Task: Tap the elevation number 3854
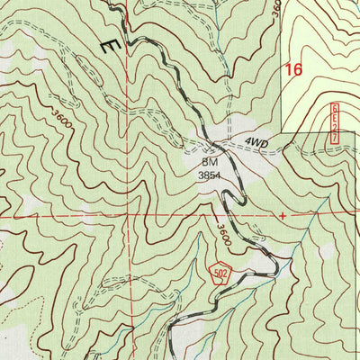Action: click(x=209, y=177)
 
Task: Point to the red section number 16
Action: click(x=292, y=68)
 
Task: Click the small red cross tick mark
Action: click(x=283, y=216)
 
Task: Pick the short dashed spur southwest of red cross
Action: click(x=261, y=236)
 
